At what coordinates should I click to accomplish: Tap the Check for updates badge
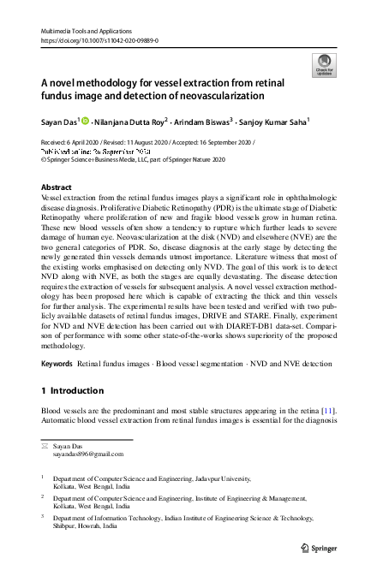(324, 64)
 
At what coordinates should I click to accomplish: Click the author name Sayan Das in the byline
(59, 122)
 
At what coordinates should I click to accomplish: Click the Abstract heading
(57, 187)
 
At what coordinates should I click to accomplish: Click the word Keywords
(57, 388)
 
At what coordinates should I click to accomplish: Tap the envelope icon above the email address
(45, 446)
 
